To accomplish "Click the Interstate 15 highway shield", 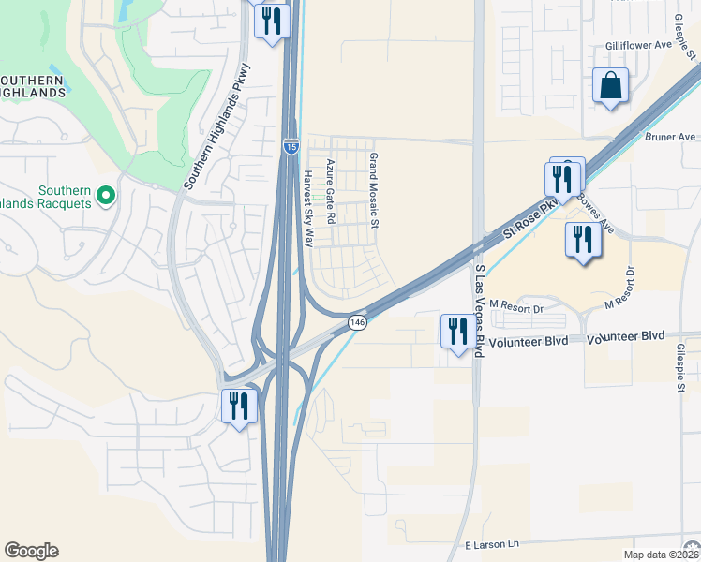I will pos(291,146).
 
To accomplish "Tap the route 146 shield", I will pos(357,322).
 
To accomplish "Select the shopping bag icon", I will pos(610,87).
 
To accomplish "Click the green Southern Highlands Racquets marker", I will pos(106,196).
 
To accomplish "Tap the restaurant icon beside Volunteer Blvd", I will pos(457,332).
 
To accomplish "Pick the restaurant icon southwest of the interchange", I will pos(238,407).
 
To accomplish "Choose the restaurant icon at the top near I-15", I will pos(272,21).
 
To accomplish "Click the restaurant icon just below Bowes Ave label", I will pos(582,241).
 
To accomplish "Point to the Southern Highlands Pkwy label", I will pos(217,126).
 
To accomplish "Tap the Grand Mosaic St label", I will pos(373,191).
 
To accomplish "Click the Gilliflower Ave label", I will pos(639,45).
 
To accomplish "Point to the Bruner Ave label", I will pos(671,137).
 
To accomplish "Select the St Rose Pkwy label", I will pos(530,214).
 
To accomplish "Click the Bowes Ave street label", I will pos(594,213).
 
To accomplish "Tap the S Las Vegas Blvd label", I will pos(479,309).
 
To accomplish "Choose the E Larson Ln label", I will pos(491,543).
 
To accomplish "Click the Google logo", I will pos(31,551).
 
